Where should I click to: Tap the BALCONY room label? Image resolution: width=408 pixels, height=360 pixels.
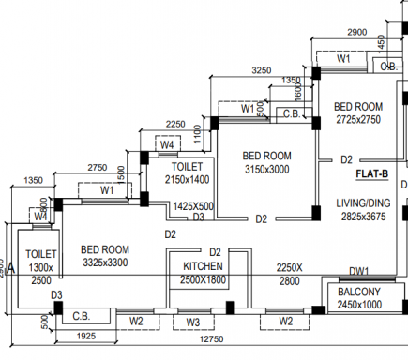pyautogui.click(x=358, y=292)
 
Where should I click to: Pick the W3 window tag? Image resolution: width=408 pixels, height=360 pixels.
pyautogui.click(x=191, y=322)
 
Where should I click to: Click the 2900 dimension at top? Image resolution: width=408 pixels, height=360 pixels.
pyautogui.click(x=356, y=33)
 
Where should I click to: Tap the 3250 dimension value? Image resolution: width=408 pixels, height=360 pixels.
pyautogui.click(x=262, y=70)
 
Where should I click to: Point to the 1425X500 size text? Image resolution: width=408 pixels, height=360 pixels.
pyautogui.click(x=193, y=206)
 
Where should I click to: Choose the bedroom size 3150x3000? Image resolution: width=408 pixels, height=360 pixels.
pyautogui.click(x=266, y=170)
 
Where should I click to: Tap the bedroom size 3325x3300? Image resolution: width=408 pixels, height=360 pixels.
pyautogui.click(x=104, y=263)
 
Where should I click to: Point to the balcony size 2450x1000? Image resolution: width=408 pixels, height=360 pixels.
pyautogui.click(x=358, y=305)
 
